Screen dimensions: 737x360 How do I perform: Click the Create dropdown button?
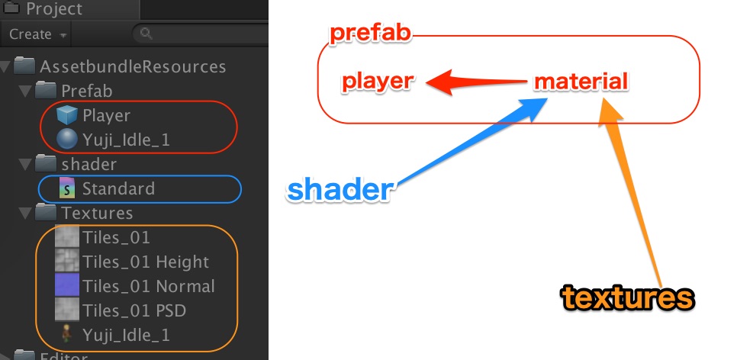(x=37, y=34)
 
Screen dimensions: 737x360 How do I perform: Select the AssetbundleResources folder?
(x=132, y=66)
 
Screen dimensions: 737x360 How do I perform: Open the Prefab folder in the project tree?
(x=86, y=92)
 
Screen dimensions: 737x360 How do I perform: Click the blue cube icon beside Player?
(x=67, y=116)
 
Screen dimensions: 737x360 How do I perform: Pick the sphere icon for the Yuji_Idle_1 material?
(x=67, y=140)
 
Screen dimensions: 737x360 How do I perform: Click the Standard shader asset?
(x=118, y=188)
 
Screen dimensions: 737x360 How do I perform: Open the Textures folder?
(x=97, y=213)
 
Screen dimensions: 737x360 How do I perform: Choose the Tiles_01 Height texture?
(x=145, y=262)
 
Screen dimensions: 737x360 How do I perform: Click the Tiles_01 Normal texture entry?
(x=149, y=286)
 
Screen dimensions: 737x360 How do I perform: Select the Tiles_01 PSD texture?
(x=134, y=310)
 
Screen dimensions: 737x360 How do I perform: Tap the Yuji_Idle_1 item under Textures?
(x=126, y=335)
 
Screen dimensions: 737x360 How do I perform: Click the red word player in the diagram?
(x=378, y=82)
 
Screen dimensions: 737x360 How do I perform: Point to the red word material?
(x=581, y=82)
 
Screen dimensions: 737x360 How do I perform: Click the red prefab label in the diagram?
(x=370, y=33)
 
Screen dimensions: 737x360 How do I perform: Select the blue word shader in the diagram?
(x=339, y=190)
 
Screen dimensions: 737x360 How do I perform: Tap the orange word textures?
(x=628, y=297)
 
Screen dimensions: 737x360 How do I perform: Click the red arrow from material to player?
(x=474, y=82)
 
